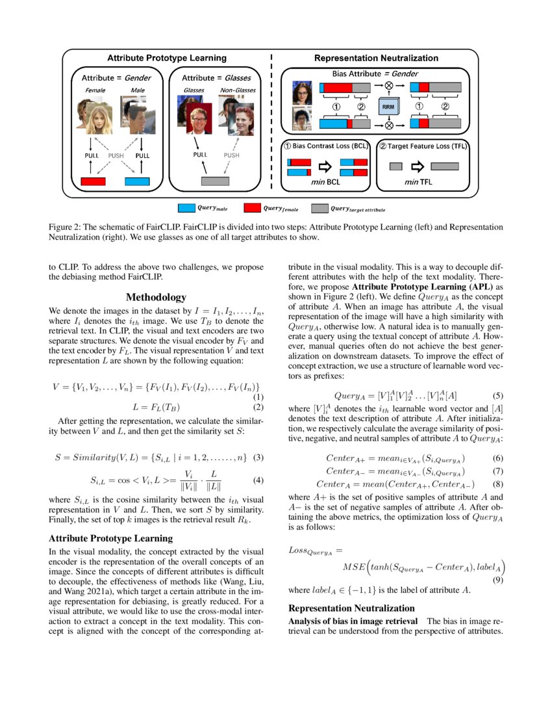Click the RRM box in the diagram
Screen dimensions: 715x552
coord(388,105)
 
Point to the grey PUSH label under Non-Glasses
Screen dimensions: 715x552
coord(232,155)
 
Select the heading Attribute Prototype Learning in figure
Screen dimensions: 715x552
coord(166,58)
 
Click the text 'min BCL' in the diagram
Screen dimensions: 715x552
coord(327,182)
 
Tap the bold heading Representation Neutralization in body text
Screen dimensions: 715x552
coord(351,608)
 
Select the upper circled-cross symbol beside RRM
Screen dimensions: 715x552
coord(389,86)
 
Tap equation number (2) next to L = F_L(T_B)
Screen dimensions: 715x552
coord(257,408)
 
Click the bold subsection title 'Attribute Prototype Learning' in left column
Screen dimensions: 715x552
coord(111,538)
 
